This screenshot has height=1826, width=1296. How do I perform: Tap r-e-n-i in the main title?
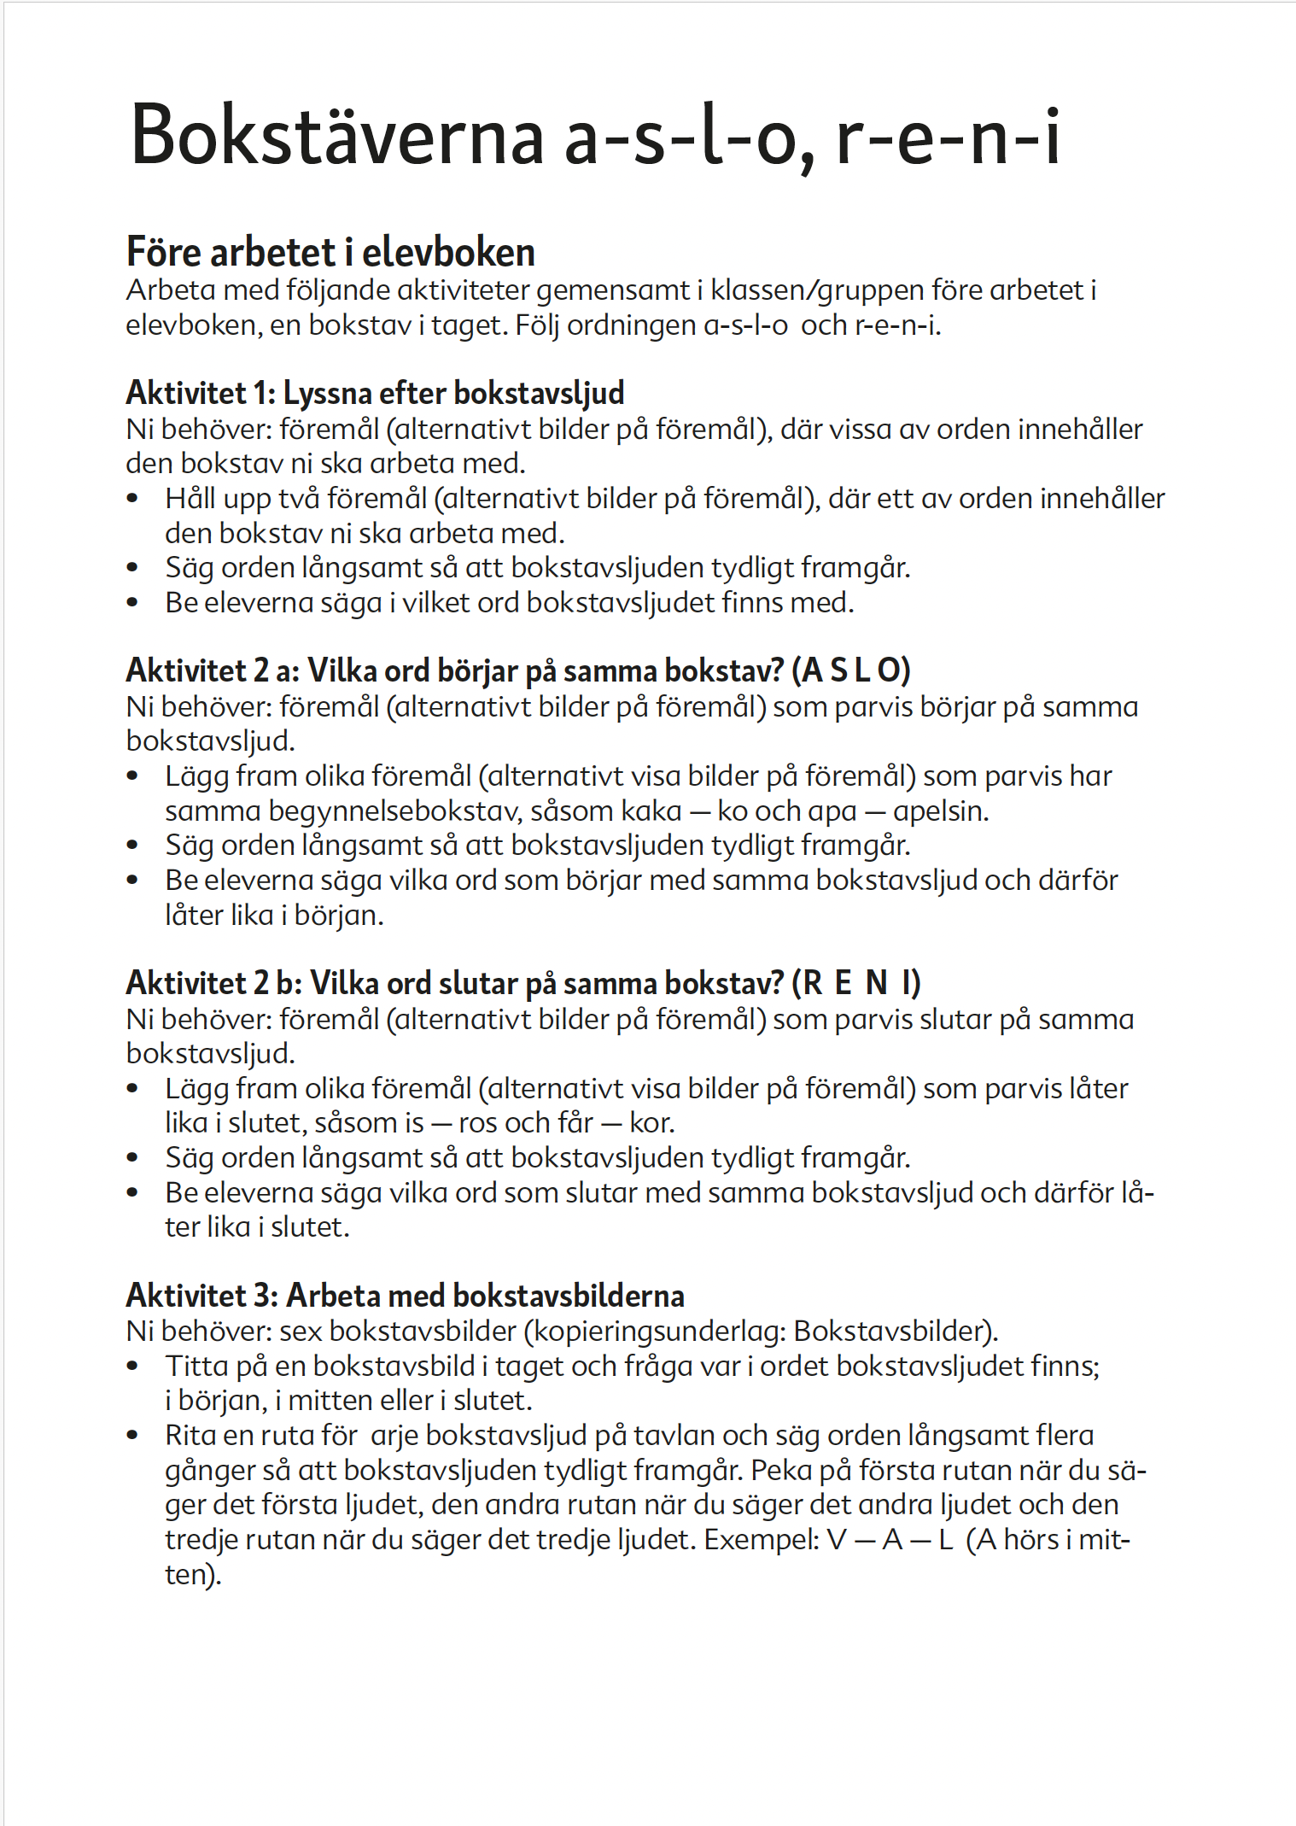click(948, 137)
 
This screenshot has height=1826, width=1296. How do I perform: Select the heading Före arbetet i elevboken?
click(330, 252)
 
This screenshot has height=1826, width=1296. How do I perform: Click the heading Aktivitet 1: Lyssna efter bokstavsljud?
click(375, 393)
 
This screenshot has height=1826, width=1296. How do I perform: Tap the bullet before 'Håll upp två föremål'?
click(132, 499)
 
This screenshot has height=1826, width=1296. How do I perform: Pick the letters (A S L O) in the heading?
click(851, 670)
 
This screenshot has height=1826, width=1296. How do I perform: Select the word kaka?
click(651, 811)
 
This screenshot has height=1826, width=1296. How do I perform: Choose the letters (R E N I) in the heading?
click(856, 983)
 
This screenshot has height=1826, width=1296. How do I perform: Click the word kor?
click(651, 1123)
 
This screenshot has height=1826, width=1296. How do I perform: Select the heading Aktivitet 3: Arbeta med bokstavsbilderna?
click(405, 1296)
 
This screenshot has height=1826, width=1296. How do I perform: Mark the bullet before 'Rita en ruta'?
click(132, 1436)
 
